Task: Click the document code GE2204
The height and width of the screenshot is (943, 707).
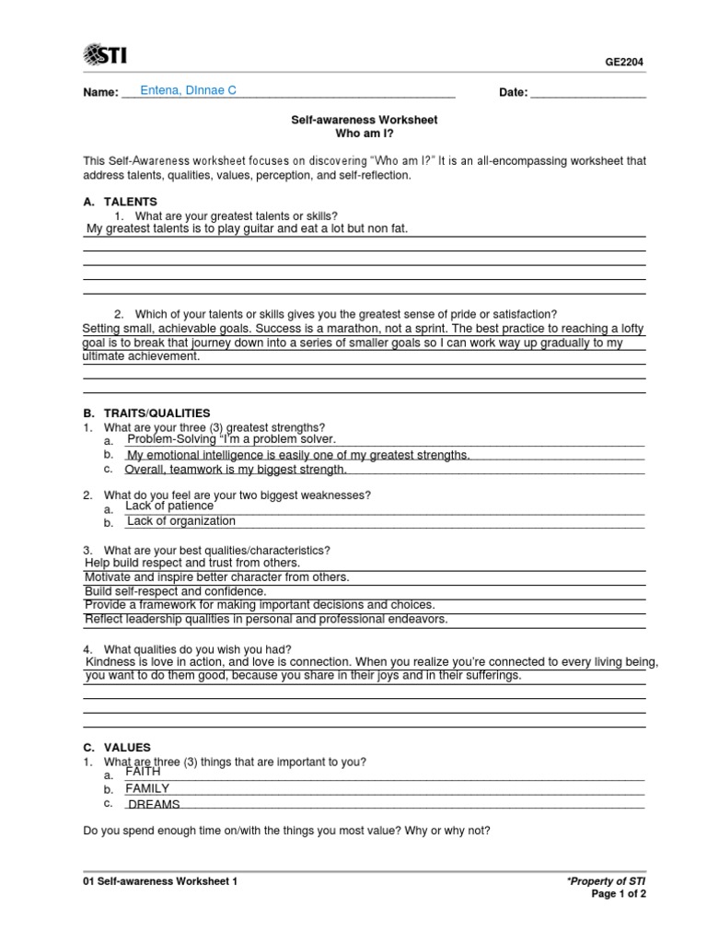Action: tap(624, 63)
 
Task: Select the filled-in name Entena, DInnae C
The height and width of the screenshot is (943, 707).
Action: tap(188, 90)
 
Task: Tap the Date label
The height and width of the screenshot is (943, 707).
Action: tap(513, 92)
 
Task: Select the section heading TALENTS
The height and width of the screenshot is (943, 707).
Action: tap(130, 202)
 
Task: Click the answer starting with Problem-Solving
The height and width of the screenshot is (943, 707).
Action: tap(232, 439)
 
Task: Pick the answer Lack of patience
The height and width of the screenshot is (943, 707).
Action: tap(169, 506)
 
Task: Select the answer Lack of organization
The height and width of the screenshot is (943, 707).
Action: tap(181, 521)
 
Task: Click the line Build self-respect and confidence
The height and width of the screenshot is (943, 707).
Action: tap(175, 591)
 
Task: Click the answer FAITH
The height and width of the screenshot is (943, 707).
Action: tap(143, 772)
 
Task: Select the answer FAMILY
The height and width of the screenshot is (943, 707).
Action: tap(147, 788)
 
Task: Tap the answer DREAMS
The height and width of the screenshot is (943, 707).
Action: tap(153, 805)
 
